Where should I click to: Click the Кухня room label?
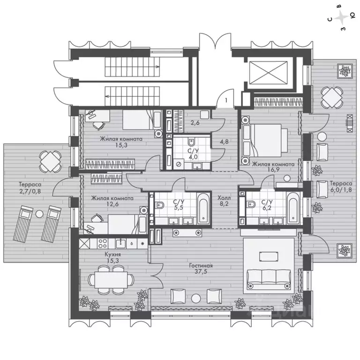112,254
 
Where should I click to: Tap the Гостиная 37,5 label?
201,269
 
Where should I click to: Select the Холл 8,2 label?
224,201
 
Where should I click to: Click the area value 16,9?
273,170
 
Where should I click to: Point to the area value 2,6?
195,123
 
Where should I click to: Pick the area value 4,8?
224,142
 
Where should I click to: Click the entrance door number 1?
226,100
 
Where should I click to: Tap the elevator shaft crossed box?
268,73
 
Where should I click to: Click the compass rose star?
341,17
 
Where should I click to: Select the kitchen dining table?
111,280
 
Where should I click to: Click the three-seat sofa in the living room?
269,279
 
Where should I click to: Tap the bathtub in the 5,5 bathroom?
203,208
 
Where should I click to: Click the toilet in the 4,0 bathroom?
191,142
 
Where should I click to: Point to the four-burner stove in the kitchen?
103,243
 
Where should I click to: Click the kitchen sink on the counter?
120,243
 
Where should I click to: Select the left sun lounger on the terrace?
23,224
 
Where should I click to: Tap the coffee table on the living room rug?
269,256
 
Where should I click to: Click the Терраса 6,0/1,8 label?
341,187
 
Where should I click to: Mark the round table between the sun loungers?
39,214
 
